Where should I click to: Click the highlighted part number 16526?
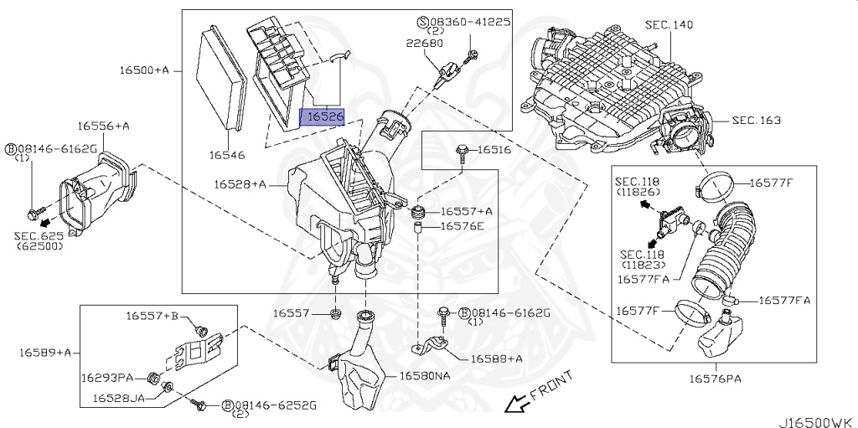pos(323,116)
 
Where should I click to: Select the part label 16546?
pos(227,155)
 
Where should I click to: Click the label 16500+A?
pos(145,70)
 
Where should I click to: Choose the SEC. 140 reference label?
pos(669,25)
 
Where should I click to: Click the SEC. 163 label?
pos(756,121)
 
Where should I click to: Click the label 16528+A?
pos(239,183)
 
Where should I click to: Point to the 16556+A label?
pos(104,126)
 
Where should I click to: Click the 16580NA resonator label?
pos(424,376)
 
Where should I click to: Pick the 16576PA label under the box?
pos(716,379)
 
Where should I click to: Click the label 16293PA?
pos(107,378)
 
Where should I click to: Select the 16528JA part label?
pos(118,398)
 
